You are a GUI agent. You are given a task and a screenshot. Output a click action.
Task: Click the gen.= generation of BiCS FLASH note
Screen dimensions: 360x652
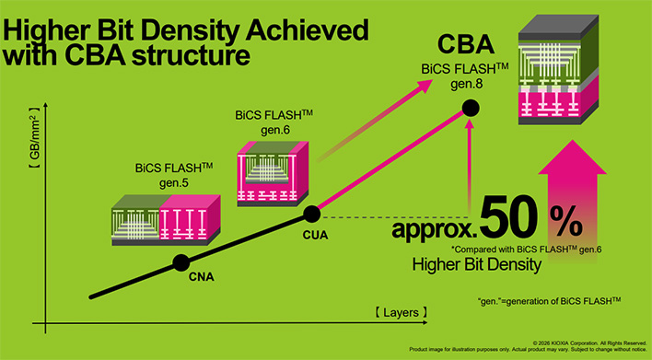543,301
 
